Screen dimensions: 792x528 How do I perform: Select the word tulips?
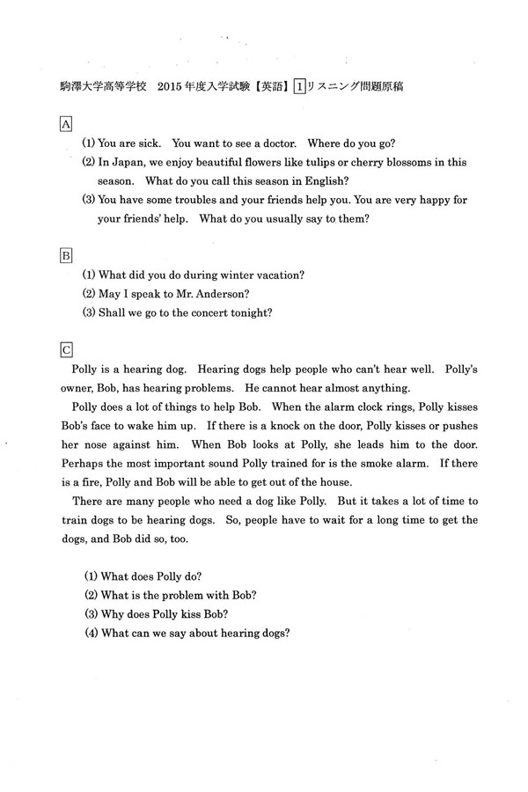tap(328, 162)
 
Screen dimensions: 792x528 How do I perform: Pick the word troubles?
tap(196, 200)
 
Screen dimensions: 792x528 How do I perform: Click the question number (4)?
tap(91, 633)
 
